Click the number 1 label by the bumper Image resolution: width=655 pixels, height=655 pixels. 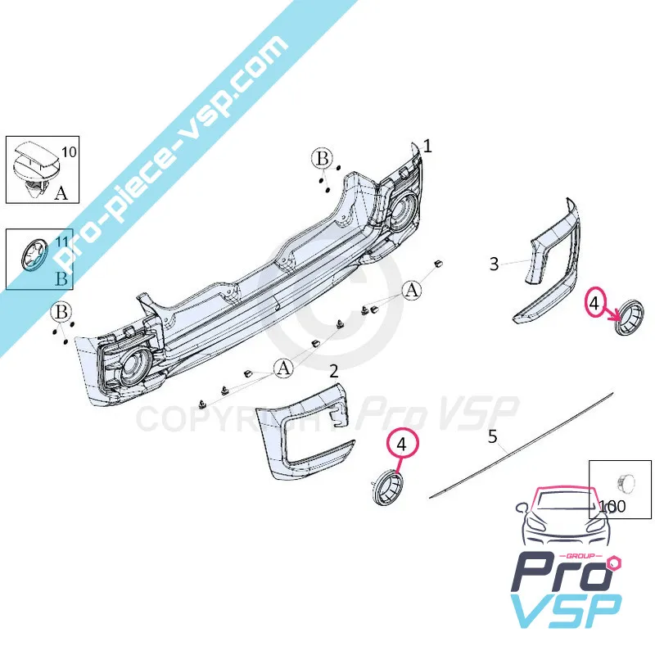[427, 146]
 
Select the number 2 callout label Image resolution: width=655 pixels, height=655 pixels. [333, 371]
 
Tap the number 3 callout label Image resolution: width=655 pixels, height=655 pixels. [494, 264]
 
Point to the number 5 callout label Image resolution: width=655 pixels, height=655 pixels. [493, 436]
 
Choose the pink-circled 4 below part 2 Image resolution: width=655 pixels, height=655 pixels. [401, 444]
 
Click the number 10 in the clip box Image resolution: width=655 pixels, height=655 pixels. [69, 151]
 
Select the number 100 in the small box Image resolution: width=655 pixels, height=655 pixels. [612, 506]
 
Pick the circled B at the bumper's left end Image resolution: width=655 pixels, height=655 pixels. [61, 312]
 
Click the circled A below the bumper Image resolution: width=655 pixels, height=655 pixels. [283, 369]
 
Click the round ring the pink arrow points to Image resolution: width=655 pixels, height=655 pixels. [630, 318]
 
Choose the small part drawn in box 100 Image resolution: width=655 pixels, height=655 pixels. [622, 482]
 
